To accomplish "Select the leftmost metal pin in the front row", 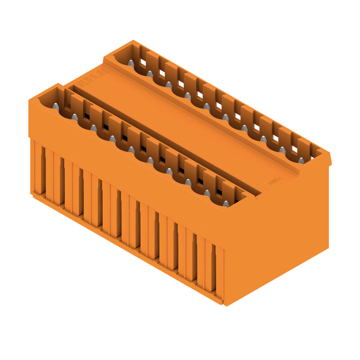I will pyautogui.click(x=55, y=106).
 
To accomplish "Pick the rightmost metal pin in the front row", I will pyautogui.click(x=226, y=204).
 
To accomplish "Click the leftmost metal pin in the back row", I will pyautogui.click(x=130, y=63).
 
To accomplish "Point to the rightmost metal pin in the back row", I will pyautogui.click(x=301, y=160).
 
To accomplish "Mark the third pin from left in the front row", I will pyautogui.click(x=93, y=128).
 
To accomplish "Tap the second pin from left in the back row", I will pyautogui.click(x=149, y=74).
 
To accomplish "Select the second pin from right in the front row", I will pyautogui.click(x=207, y=193).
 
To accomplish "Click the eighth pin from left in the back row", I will pyautogui.click(x=263, y=139).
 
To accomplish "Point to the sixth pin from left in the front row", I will pyautogui.click(x=150, y=160).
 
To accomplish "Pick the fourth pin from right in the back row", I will pyautogui.click(x=244, y=128).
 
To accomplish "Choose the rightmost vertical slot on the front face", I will pyautogui.click(x=213, y=270).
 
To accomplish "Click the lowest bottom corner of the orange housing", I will pyautogui.click(x=224, y=305).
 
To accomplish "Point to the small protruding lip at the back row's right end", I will pyautogui.click(x=329, y=159).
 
